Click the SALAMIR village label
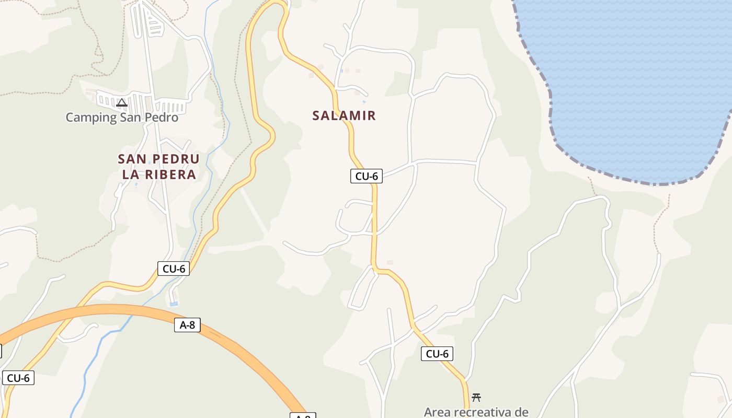(344, 115)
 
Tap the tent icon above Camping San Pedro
(122, 102)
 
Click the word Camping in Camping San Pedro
(91, 118)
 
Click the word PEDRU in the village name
(176, 159)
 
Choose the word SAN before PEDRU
(132, 159)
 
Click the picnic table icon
(476, 397)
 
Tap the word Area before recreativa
(437, 412)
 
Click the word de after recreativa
(521, 412)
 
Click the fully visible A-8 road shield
(187, 325)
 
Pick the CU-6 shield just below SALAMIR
(367, 176)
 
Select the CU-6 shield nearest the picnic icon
(437, 354)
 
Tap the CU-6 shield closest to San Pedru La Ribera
(174, 269)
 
